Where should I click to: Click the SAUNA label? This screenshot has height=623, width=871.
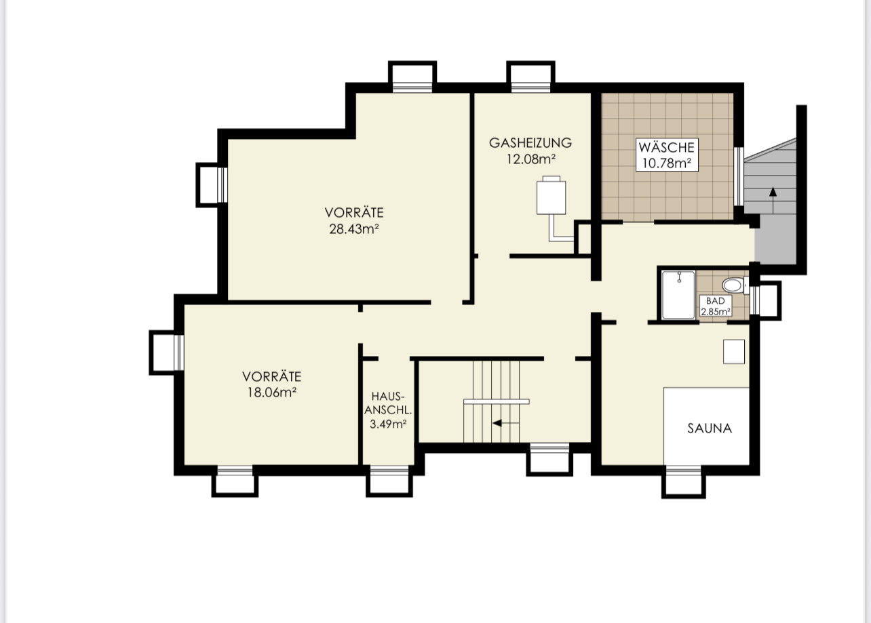click(x=710, y=428)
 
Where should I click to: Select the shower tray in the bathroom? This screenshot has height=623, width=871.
click(x=678, y=295)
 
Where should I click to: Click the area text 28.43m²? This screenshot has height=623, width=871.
click(x=354, y=229)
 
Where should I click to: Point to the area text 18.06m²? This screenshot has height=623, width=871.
click(x=272, y=393)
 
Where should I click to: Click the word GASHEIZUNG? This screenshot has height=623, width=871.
click(x=530, y=143)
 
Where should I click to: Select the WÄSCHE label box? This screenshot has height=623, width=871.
click(x=667, y=155)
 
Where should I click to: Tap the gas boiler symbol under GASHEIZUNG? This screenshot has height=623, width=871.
click(x=551, y=195)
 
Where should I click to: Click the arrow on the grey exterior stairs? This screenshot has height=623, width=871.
click(x=773, y=200)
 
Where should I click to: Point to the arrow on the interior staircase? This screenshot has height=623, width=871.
click(x=505, y=423)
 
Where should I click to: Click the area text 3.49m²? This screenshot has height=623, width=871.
click(x=388, y=424)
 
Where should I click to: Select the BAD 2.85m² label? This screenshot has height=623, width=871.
click(x=716, y=306)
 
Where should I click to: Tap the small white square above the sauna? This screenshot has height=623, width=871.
click(x=734, y=352)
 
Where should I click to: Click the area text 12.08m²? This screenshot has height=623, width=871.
click(x=530, y=159)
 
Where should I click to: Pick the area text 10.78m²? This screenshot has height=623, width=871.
click(x=666, y=163)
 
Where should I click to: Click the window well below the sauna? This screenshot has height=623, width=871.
click(x=684, y=482)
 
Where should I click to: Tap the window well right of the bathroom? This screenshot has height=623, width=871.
click(x=767, y=301)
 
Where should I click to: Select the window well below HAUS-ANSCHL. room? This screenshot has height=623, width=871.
click(x=389, y=481)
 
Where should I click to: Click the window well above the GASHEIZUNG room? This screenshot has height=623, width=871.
click(x=530, y=77)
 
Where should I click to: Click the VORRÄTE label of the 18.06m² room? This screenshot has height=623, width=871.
click(x=272, y=376)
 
